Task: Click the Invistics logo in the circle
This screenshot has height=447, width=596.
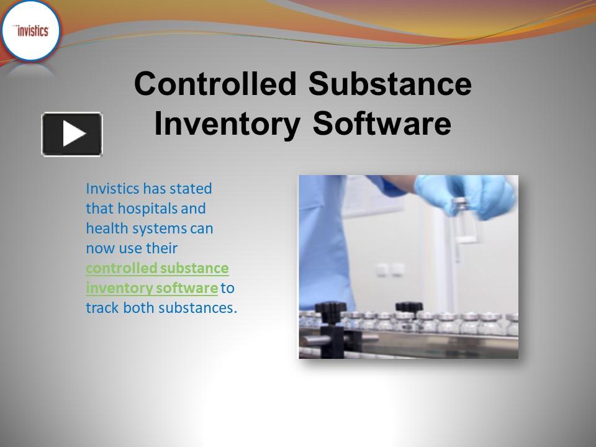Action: tap(30, 31)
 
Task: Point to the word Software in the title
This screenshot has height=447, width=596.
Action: tap(382, 123)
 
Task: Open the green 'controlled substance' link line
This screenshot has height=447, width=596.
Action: tap(157, 268)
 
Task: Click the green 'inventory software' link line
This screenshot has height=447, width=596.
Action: tap(151, 288)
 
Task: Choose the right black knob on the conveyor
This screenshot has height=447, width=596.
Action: tap(409, 307)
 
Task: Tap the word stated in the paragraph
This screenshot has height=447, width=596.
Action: tap(192, 188)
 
